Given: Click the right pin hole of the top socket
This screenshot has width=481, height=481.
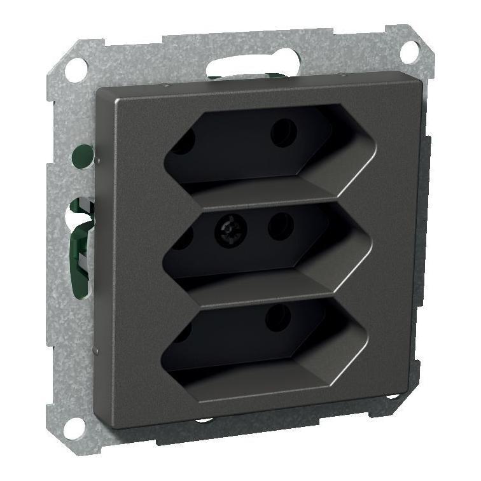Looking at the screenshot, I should point(283,133).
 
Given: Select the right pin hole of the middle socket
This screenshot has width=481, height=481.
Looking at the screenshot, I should point(280,226).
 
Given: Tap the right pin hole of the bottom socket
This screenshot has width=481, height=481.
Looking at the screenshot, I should point(278,317).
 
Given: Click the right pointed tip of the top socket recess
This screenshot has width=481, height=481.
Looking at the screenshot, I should point(376,151).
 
